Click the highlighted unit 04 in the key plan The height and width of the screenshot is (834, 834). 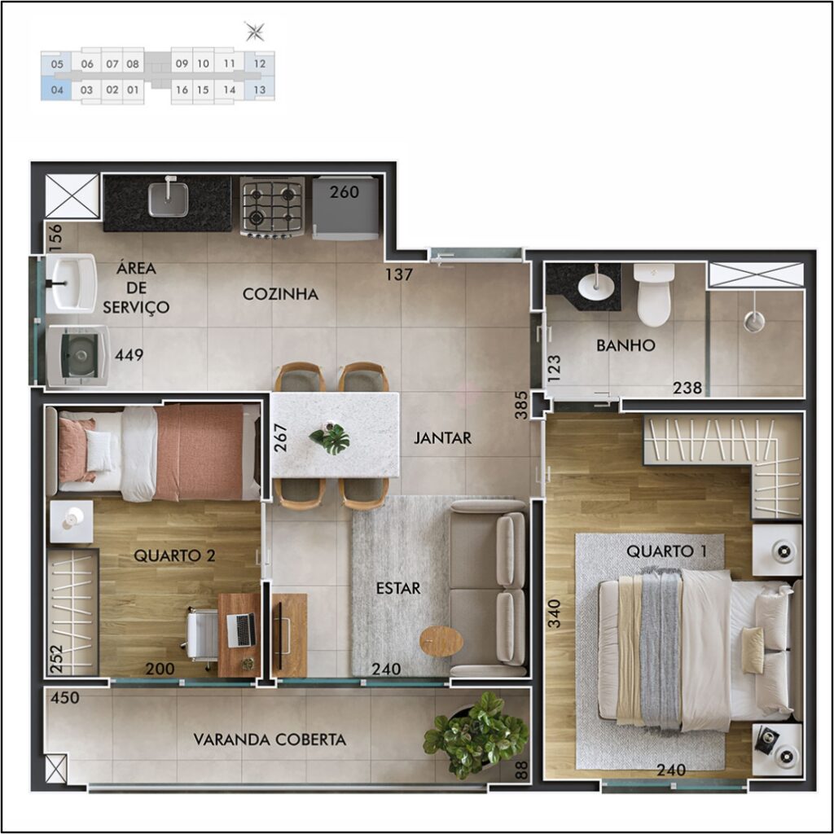(56, 89)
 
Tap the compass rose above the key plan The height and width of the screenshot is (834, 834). (254, 32)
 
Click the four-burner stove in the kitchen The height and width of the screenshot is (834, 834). (272, 207)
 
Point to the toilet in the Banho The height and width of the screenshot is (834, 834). (654, 295)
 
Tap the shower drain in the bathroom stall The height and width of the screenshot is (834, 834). (753, 321)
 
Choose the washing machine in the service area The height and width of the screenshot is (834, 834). (78, 355)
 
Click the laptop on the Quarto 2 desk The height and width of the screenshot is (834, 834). (241, 630)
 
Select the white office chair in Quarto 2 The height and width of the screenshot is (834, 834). (201, 635)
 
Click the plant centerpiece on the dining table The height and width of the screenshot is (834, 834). (331, 437)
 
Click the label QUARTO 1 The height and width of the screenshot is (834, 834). (666, 551)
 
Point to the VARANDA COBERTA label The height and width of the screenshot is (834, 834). (270, 740)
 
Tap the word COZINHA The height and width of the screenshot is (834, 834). (280, 294)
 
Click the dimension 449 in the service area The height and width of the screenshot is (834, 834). (129, 354)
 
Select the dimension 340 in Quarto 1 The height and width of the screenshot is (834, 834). (554, 613)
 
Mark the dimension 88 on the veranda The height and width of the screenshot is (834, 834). (522, 770)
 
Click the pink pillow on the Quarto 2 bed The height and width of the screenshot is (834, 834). (77, 450)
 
